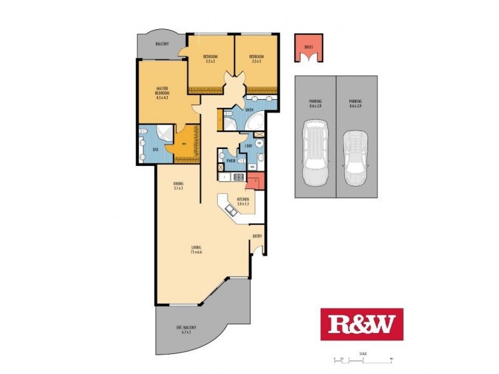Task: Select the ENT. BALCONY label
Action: (185, 330)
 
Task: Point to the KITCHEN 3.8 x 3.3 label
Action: (243, 201)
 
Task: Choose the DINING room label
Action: (178, 186)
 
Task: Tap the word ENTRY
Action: (256, 236)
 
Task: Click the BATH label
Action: (249, 110)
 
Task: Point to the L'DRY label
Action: (248, 146)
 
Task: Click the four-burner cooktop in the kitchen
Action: (238, 177)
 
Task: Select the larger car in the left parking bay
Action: (314, 153)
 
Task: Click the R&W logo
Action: (362, 324)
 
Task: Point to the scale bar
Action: (362, 360)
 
